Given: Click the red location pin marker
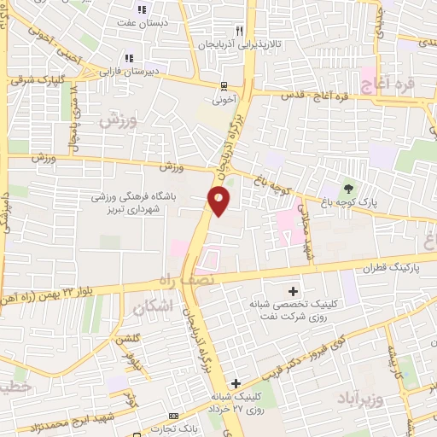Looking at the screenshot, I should click(218, 201).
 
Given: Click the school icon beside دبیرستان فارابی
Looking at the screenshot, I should click(128, 58).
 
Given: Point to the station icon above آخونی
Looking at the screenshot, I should click(224, 85).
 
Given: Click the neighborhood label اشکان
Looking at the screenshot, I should click(153, 305).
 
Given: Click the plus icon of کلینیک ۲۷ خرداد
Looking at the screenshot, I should click(236, 383).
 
